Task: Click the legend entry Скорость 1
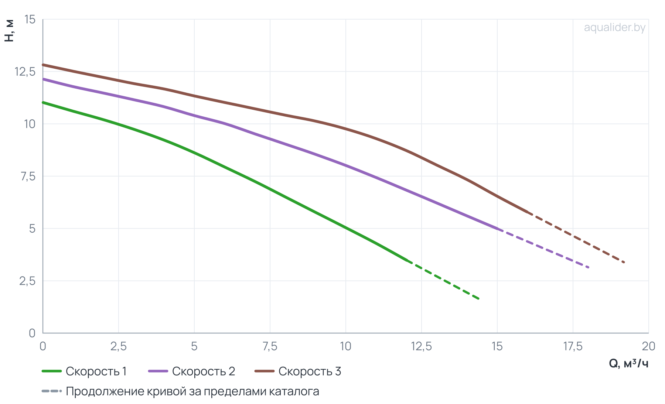[x=84, y=371]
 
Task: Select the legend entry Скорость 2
[x=191, y=371]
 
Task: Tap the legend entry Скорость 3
[x=298, y=371]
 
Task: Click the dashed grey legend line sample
[x=51, y=391]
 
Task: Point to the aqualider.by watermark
[x=615, y=28]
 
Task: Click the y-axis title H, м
[x=9, y=30]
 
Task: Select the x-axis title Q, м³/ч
[x=628, y=364]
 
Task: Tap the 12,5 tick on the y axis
[x=25, y=72]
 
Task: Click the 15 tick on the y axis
[x=30, y=19]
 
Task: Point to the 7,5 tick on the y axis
[x=28, y=177]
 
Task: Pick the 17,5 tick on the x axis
[x=573, y=346]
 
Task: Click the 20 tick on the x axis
[x=648, y=346]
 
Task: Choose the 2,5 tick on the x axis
[x=118, y=346]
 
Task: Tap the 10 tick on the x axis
[x=345, y=346]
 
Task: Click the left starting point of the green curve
[x=43, y=102]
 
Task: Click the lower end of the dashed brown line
[x=624, y=262]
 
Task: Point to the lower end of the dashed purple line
[x=588, y=267]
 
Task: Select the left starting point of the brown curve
[x=43, y=65]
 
